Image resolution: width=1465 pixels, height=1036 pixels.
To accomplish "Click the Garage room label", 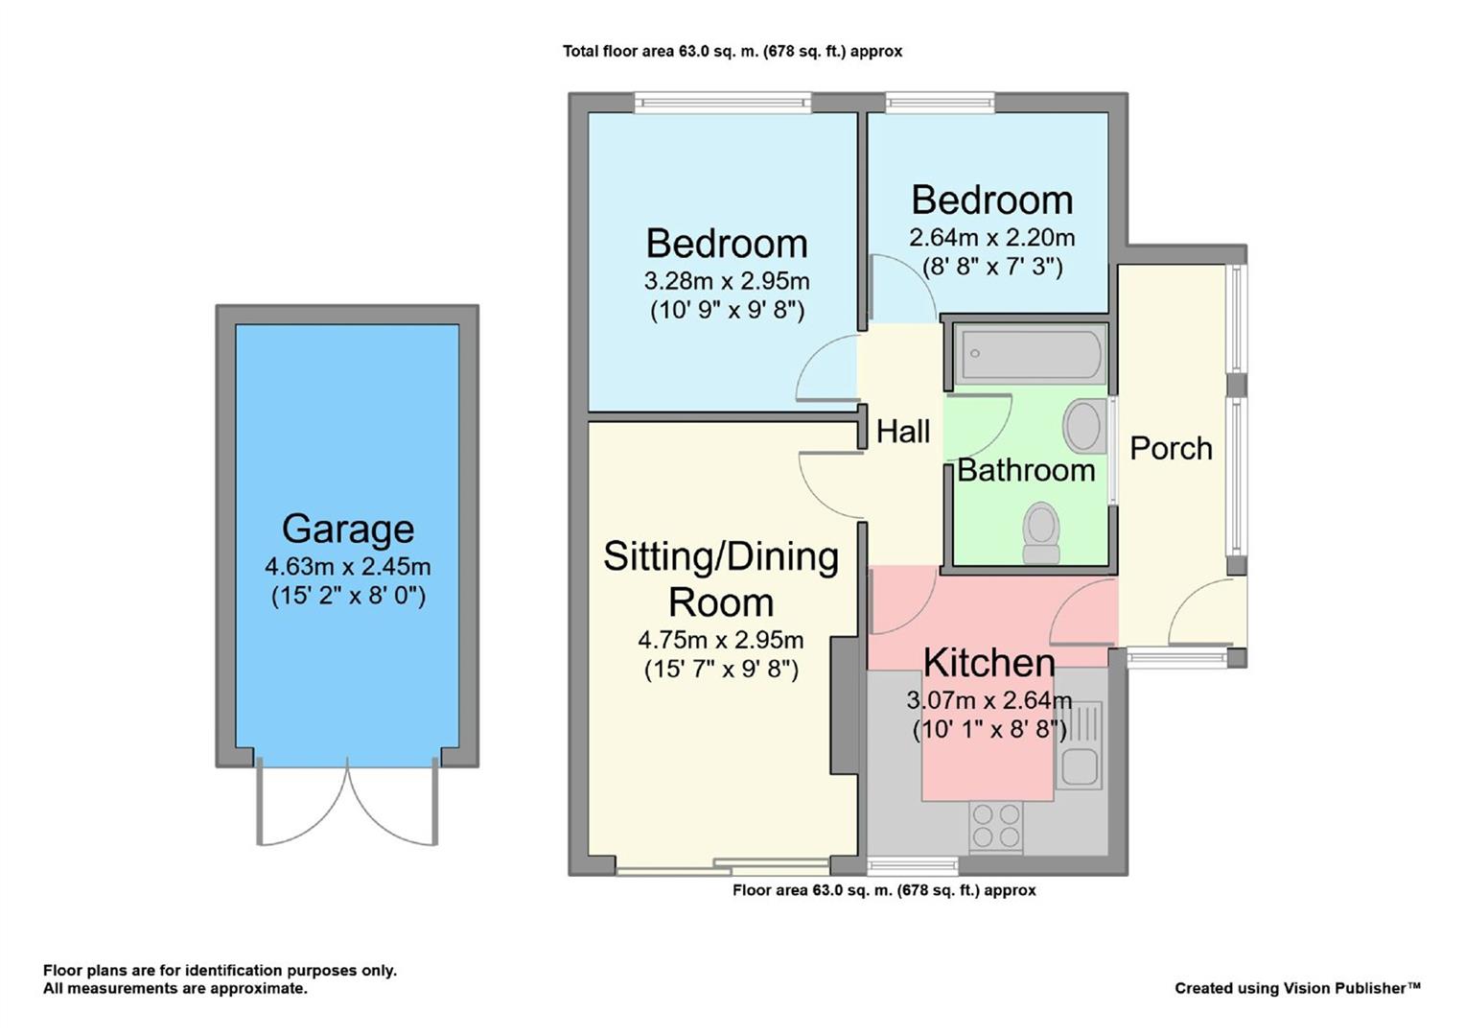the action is pos(348,529).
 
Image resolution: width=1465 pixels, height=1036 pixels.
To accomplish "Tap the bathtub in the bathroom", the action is pos(1031,354).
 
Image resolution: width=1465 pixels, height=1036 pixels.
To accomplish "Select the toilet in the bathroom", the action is pos(1040,532).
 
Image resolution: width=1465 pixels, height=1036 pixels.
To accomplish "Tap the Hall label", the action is pos(903,432).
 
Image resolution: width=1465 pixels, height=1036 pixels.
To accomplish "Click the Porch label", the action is pos(1172,449).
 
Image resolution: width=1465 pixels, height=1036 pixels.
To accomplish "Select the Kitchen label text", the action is pos(989,663).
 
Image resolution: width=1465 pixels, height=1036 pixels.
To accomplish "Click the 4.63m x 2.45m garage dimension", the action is pos(348,566).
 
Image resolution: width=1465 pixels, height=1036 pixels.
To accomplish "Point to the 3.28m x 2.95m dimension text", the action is pos(728,281).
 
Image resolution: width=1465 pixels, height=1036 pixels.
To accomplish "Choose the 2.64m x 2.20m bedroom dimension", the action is pos(992,238).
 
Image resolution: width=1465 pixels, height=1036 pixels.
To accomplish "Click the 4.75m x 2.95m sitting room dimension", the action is pos(721,640).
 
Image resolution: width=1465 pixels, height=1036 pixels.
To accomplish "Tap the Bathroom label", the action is pos(1026,471).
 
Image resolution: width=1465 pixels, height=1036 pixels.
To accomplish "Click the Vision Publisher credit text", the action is pos(1298,988).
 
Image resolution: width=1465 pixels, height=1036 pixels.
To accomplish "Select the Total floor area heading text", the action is pos(732,51).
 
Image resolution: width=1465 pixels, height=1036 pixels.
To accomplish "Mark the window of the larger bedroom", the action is pos(723,103).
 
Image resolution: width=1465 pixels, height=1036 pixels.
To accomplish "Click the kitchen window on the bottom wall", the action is pos(913,866).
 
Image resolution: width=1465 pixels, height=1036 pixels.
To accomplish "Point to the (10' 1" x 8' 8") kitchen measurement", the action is pos(989,729).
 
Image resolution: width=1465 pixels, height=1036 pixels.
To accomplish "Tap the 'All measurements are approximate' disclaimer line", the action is pos(175,988).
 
